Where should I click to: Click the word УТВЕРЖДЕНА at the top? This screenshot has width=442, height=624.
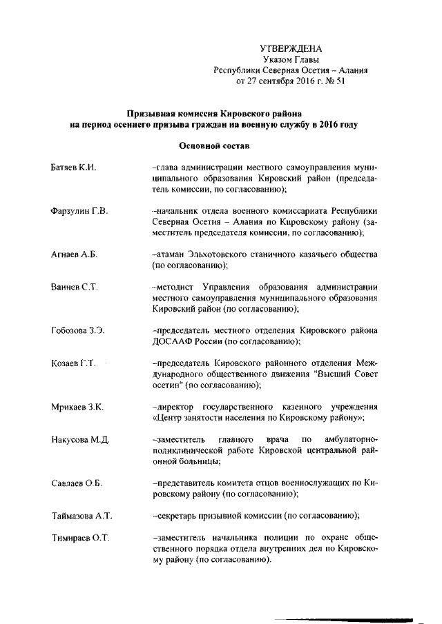point(291,48)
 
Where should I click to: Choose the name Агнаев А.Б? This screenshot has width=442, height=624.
point(75,254)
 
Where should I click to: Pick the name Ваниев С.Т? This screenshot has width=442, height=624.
point(74,286)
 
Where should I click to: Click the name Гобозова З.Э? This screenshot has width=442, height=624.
point(78,330)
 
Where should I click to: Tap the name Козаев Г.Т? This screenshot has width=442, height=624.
point(73,363)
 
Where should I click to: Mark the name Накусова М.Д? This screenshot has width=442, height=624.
point(80,439)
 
